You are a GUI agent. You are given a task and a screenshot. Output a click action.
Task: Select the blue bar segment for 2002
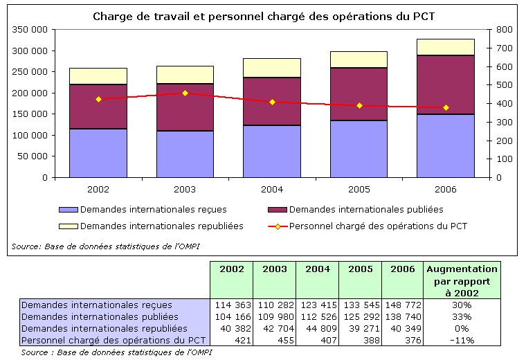click(x=98, y=153)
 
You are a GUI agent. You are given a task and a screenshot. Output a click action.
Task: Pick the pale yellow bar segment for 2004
click(x=272, y=68)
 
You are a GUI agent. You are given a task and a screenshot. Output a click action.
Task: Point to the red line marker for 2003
click(x=185, y=93)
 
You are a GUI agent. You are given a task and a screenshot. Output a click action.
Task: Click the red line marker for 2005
click(x=359, y=105)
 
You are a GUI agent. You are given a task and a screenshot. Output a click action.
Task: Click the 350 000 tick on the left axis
click(x=30, y=30)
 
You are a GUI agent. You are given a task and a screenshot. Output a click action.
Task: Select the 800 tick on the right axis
click(x=503, y=30)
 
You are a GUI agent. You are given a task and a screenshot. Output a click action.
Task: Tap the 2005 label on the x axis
click(x=359, y=188)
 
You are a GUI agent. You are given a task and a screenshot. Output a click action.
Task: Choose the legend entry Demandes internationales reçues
click(x=153, y=209)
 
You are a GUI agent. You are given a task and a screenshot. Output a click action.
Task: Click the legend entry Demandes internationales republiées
click(x=161, y=226)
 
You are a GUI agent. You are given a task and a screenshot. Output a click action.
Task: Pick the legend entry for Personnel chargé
click(x=378, y=226)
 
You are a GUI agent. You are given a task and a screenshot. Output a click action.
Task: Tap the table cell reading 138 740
click(x=401, y=316)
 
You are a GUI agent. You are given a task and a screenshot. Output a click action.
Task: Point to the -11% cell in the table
click(x=462, y=340)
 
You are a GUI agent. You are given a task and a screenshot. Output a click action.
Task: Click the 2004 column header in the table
click(x=317, y=269)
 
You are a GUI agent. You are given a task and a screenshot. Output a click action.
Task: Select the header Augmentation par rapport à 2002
click(x=462, y=280)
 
